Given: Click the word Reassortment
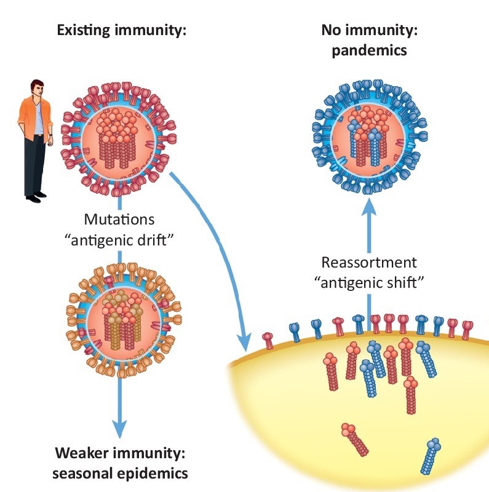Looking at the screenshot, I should pyautogui.click(x=369, y=262).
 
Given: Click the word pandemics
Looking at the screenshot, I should pyautogui.click(x=369, y=50).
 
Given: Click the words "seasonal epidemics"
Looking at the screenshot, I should pyautogui.click(x=121, y=474).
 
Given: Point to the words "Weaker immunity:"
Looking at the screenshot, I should pyautogui.click(x=121, y=454).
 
